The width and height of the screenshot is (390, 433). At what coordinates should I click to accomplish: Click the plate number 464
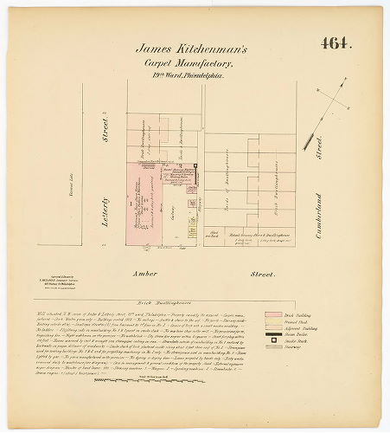(x=336, y=43)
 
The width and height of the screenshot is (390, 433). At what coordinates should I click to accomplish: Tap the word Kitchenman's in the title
(x=215, y=50)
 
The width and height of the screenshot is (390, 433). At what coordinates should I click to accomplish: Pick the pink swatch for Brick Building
(x=274, y=315)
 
